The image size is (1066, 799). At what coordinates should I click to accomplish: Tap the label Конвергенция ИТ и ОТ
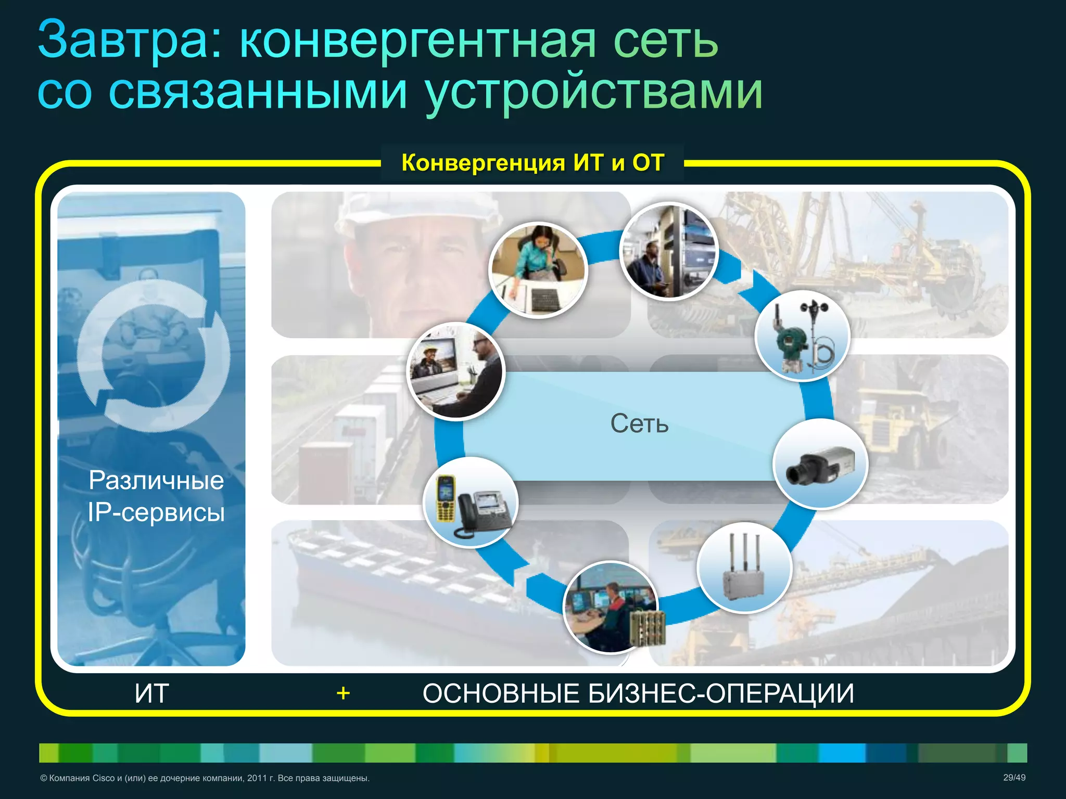pyautogui.click(x=532, y=163)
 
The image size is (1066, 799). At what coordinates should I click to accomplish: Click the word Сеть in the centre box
pyautogui.click(x=639, y=423)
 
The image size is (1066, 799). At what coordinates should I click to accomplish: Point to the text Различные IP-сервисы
pyautogui.click(x=156, y=496)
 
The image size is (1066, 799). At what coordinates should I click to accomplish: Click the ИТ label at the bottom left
pyautogui.click(x=151, y=693)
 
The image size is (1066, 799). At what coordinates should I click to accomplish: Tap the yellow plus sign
pyautogui.click(x=343, y=693)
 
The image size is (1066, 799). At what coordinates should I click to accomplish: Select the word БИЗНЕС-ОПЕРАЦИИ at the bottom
pyautogui.click(x=721, y=693)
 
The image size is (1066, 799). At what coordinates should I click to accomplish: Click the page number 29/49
pyautogui.click(x=1014, y=778)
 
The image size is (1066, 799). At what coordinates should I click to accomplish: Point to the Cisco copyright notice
pyautogui.click(x=205, y=778)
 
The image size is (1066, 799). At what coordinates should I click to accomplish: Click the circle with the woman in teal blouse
pyautogui.click(x=538, y=270)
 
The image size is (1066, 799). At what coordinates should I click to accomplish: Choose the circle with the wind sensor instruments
pyautogui.click(x=802, y=336)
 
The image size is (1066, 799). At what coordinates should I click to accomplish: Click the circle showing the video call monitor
pyautogui.click(x=456, y=371)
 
